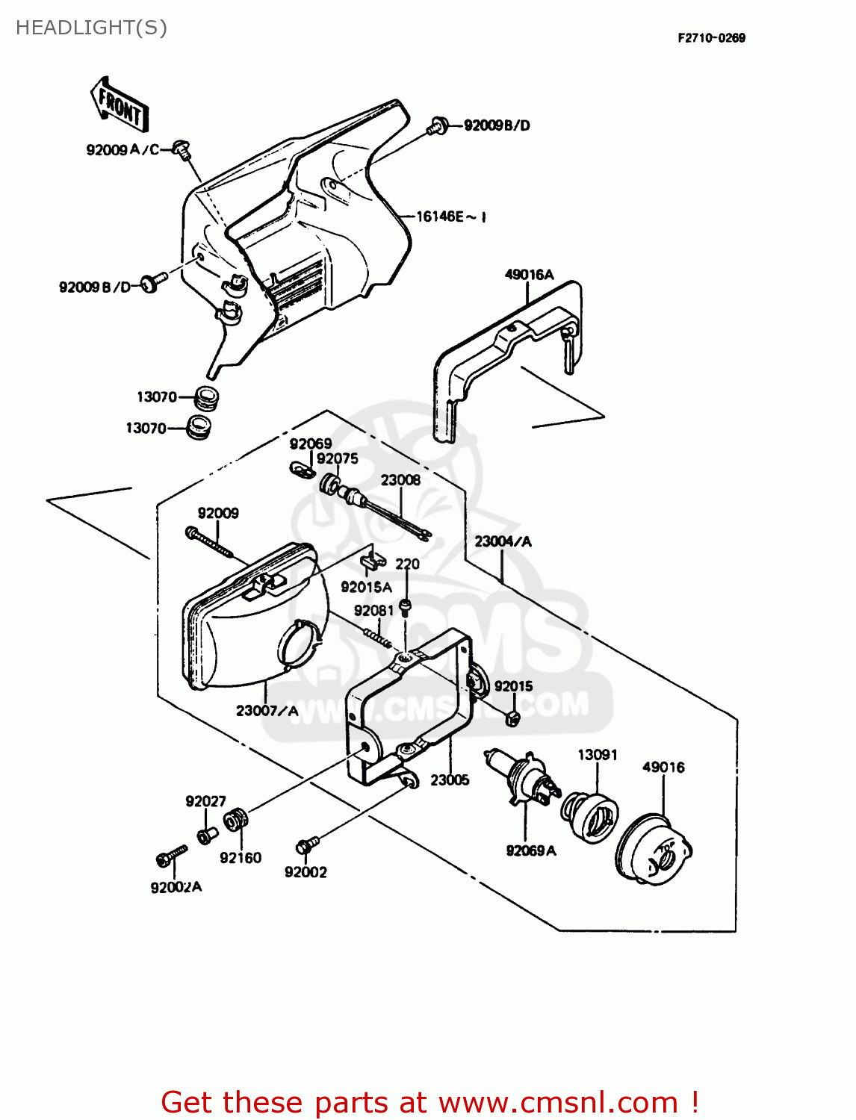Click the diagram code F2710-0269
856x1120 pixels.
click(711, 38)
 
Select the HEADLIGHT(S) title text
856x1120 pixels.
click(91, 28)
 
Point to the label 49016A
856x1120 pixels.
click(529, 274)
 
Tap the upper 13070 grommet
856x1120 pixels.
click(205, 397)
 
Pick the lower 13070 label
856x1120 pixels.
click(146, 428)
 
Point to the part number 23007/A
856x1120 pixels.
click(267, 711)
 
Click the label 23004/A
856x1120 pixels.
click(503, 541)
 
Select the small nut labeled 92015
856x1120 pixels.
click(512, 719)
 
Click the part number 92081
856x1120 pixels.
click(373, 611)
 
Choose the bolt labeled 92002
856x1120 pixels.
click(306, 845)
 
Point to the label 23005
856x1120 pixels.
click(450, 780)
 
